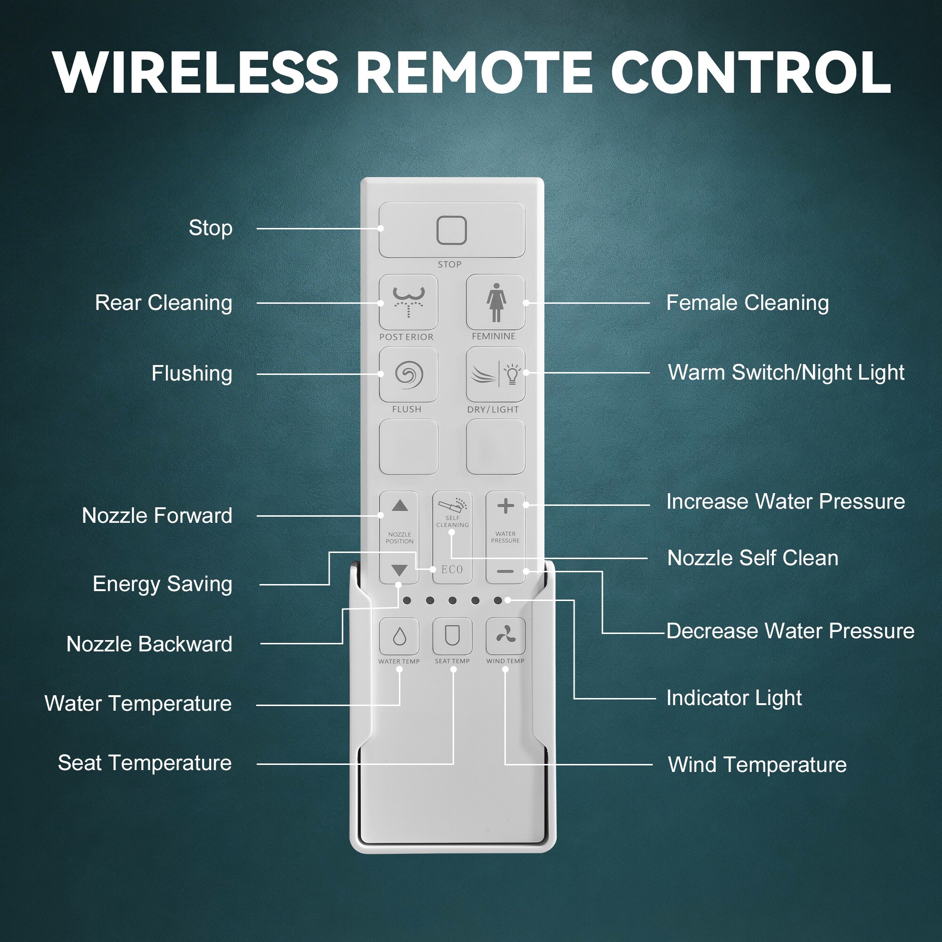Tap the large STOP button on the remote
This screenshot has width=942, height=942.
452,230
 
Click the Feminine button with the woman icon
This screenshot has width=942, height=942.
495,302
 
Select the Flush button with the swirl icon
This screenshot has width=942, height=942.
408,374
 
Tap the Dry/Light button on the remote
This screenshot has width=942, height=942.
495,374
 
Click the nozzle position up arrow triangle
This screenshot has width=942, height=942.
400,505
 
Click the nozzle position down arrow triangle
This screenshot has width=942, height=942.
399,570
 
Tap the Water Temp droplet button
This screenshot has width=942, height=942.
399,636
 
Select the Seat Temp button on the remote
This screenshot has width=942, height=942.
453,636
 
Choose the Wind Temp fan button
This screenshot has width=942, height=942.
505,636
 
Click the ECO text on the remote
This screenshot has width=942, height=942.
452,569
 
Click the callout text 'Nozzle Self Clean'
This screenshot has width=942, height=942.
753,558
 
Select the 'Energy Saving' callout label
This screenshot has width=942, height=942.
162,584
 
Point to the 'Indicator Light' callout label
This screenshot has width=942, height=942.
734,698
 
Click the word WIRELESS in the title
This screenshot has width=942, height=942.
195,72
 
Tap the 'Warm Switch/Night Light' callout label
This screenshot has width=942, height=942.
786,373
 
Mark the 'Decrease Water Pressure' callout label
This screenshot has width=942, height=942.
790,631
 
